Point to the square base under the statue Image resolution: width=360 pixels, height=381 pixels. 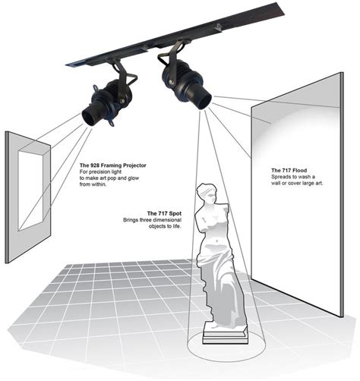(x=225, y=333)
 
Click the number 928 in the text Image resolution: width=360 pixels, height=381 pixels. (x=97, y=165)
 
